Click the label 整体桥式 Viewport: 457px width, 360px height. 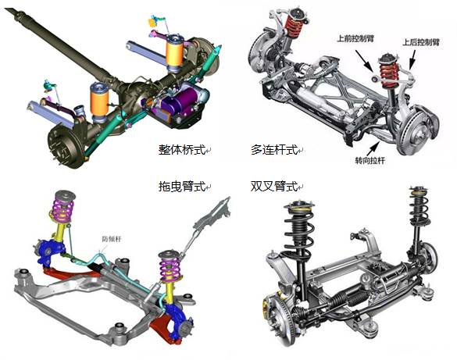point(182,150)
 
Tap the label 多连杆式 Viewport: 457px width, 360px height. point(274,150)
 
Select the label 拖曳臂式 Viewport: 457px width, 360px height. point(182,186)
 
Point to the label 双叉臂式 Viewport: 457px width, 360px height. point(274,186)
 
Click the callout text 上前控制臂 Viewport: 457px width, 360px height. point(355,38)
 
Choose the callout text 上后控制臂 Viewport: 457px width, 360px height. point(421,42)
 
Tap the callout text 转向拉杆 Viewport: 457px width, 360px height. point(370,160)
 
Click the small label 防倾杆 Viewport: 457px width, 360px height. point(112,239)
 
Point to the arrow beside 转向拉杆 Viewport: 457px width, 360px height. point(373,148)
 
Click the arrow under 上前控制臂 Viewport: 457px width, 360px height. point(364,60)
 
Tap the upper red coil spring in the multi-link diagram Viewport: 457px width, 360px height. point(295,27)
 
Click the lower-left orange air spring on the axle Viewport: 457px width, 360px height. point(100,101)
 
